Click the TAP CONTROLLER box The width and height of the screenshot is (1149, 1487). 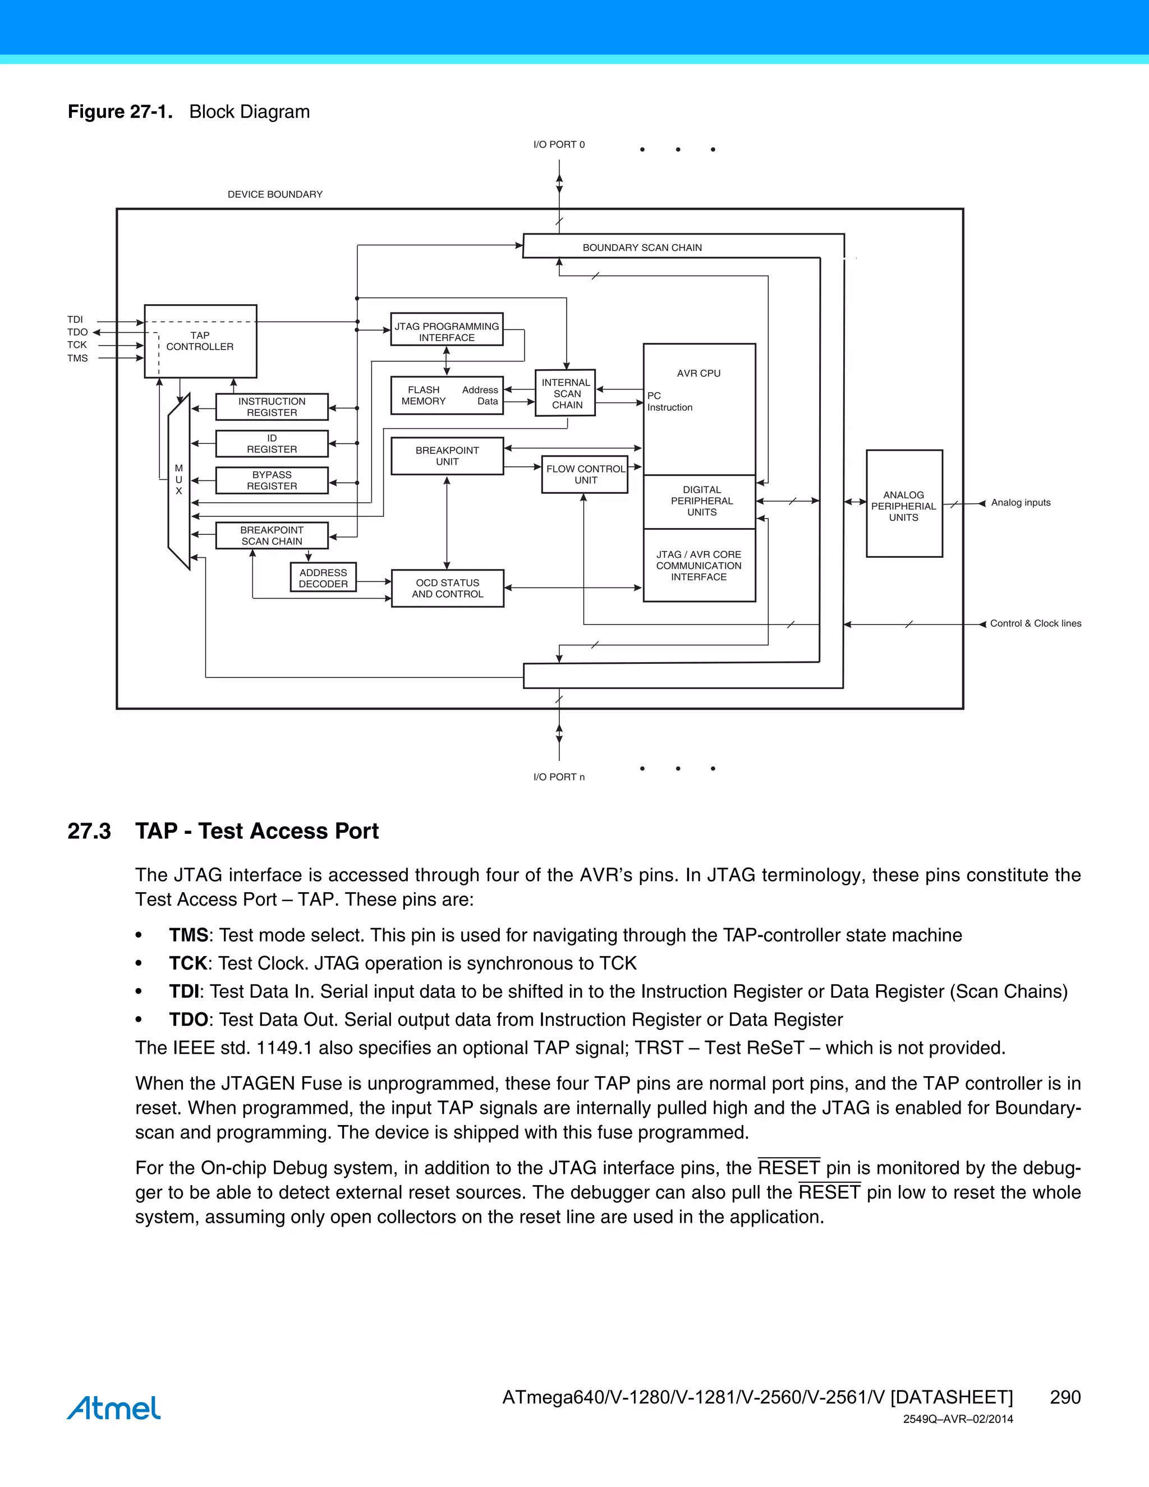[x=200, y=341]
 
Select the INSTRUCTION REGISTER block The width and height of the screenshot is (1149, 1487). [x=272, y=407]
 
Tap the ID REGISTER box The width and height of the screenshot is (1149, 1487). [x=272, y=444]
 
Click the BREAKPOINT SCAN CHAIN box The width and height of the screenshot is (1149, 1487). [x=272, y=536]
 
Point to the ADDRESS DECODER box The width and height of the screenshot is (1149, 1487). [x=323, y=578]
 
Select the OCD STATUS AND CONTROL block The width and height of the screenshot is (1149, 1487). [x=447, y=588]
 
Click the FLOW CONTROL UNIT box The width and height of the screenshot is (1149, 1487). [x=585, y=475]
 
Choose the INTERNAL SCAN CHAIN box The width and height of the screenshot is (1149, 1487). [x=566, y=393]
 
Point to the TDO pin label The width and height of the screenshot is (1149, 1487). [x=77, y=332]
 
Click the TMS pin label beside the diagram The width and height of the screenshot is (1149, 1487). [x=77, y=358]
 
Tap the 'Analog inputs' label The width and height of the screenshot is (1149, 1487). [x=1021, y=502]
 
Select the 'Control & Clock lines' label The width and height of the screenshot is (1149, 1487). [x=1035, y=623]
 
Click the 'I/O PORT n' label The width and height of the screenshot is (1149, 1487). [x=559, y=777]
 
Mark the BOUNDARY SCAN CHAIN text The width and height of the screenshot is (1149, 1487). [x=642, y=248]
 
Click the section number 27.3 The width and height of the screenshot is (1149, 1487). [x=89, y=832]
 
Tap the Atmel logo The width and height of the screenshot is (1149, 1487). [x=114, y=1407]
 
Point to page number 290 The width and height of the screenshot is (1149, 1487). [x=1065, y=1397]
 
